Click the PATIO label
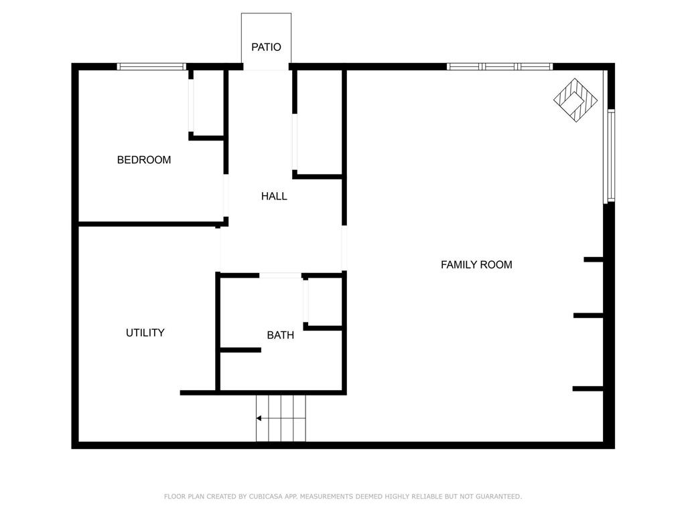[x=266, y=47]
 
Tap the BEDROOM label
[x=144, y=160]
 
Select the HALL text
[x=274, y=196]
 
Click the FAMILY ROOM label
[x=476, y=265]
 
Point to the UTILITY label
[x=145, y=333]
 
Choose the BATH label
[x=280, y=335]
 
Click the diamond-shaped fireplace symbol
[x=575, y=100]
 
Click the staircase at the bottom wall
[x=281, y=418]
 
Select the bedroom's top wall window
[x=151, y=66]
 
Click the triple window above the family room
[x=499, y=66]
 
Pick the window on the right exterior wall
[x=610, y=155]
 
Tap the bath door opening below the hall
[x=281, y=275]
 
